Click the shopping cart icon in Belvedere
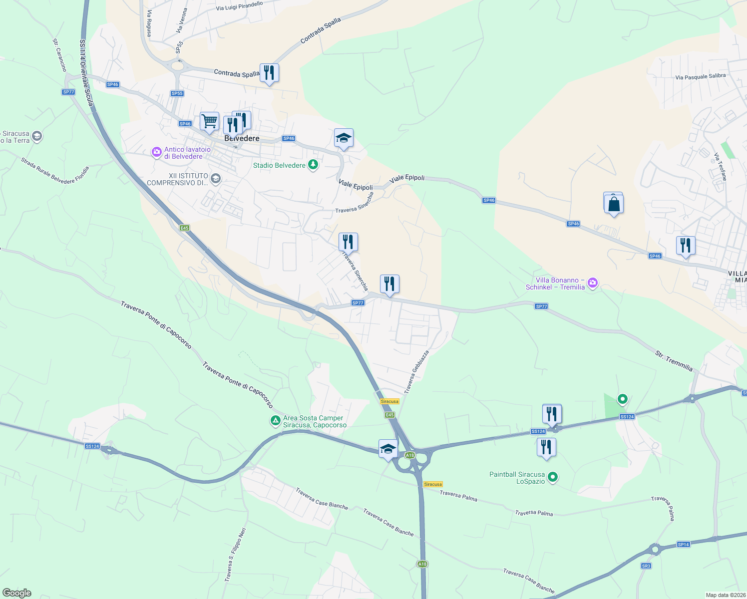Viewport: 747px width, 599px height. pyautogui.click(x=209, y=121)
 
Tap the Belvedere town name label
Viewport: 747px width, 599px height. pyautogui.click(x=242, y=138)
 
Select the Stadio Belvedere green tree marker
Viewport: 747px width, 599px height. pyautogui.click(x=313, y=165)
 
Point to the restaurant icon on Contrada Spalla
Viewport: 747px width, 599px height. pyautogui.click(x=269, y=73)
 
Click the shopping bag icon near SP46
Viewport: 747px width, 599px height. pyautogui.click(x=614, y=204)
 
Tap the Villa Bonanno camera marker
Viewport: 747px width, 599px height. pyautogui.click(x=593, y=283)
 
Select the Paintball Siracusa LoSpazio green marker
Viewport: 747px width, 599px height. pyautogui.click(x=552, y=477)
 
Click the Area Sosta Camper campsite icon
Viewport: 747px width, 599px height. pyautogui.click(x=275, y=421)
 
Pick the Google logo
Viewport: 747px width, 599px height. pyautogui.click(x=17, y=593)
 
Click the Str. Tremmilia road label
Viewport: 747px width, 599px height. pyautogui.click(x=674, y=361)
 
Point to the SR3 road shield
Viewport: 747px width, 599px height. pyautogui.click(x=646, y=566)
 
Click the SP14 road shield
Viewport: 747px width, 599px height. pyautogui.click(x=684, y=544)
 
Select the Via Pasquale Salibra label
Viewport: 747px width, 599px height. pyautogui.click(x=700, y=76)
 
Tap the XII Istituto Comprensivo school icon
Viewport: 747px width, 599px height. pyautogui.click(x=216, y=179)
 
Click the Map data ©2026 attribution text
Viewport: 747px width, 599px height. pyautogui.click(x=725, y=595)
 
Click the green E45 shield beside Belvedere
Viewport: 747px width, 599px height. pyautogui.click(x=185, y=228)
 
